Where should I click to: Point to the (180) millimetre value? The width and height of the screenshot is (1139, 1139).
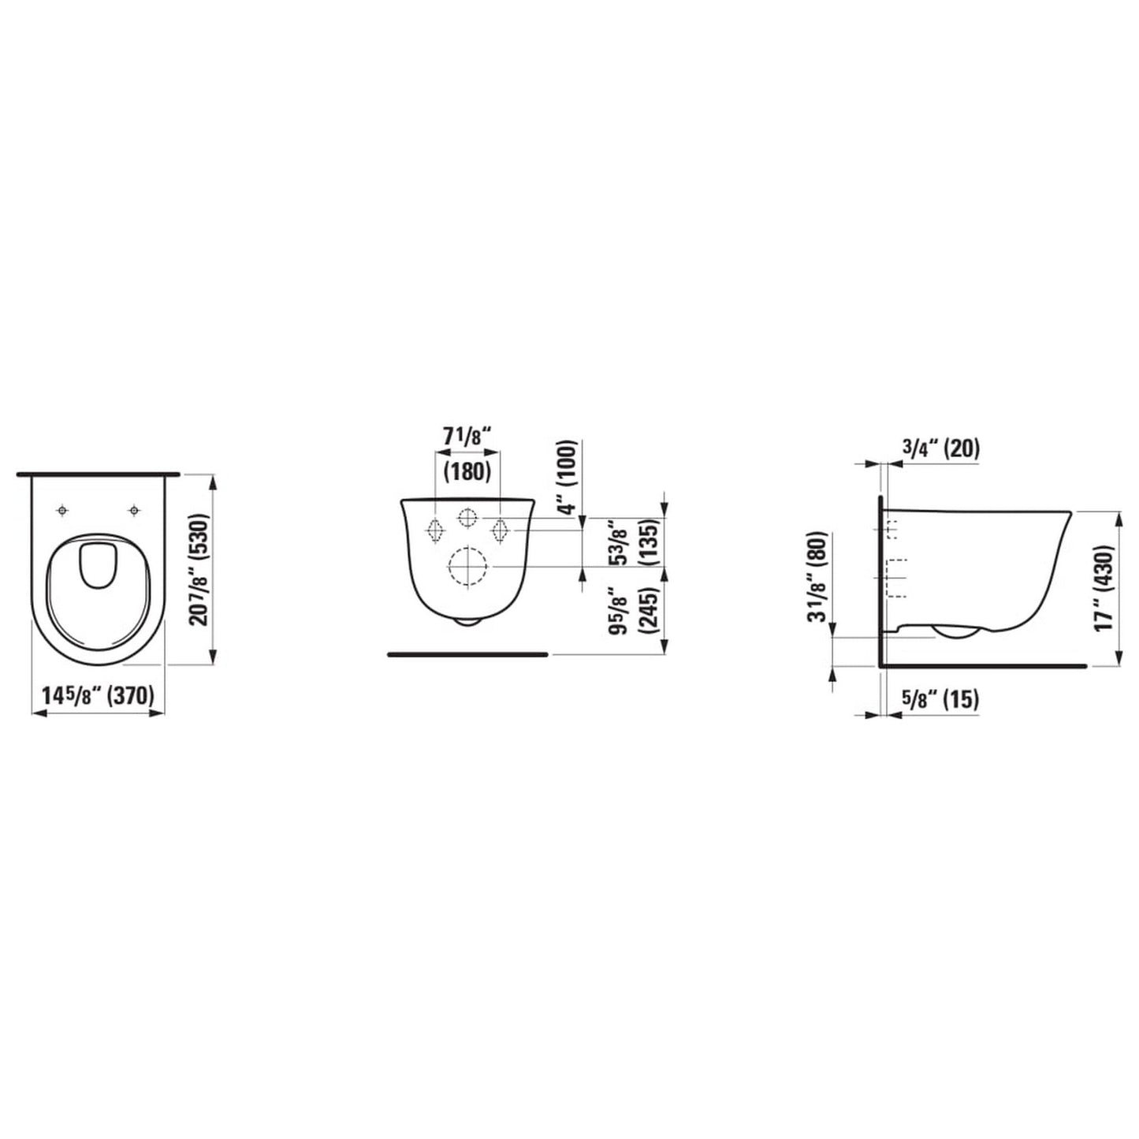[x=467, y=471]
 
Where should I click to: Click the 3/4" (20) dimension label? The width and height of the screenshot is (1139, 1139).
[x=940, y=449]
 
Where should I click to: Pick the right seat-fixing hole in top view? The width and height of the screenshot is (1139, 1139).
[x=135, y=512]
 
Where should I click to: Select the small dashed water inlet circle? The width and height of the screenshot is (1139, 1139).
[x=467, y=519]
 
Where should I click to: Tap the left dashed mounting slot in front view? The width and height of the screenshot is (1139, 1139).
[x=434, y=530]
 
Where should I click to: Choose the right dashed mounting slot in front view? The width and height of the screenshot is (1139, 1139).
[x=500, y=530]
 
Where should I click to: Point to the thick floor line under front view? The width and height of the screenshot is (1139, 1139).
[x=467, y=654]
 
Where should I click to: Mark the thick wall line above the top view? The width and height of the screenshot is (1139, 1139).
[x=99, y=475]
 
